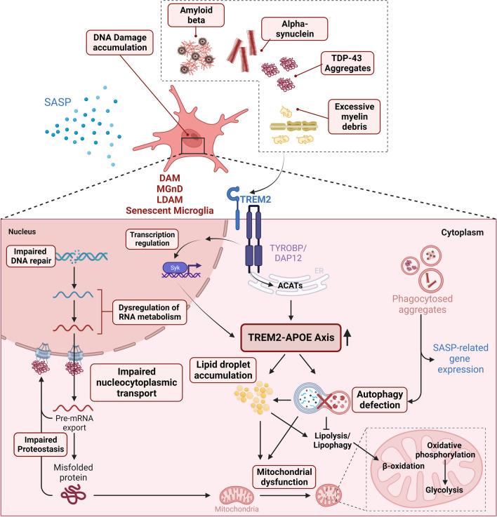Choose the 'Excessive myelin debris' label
[357, 114]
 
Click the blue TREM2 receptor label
[258, 199]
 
